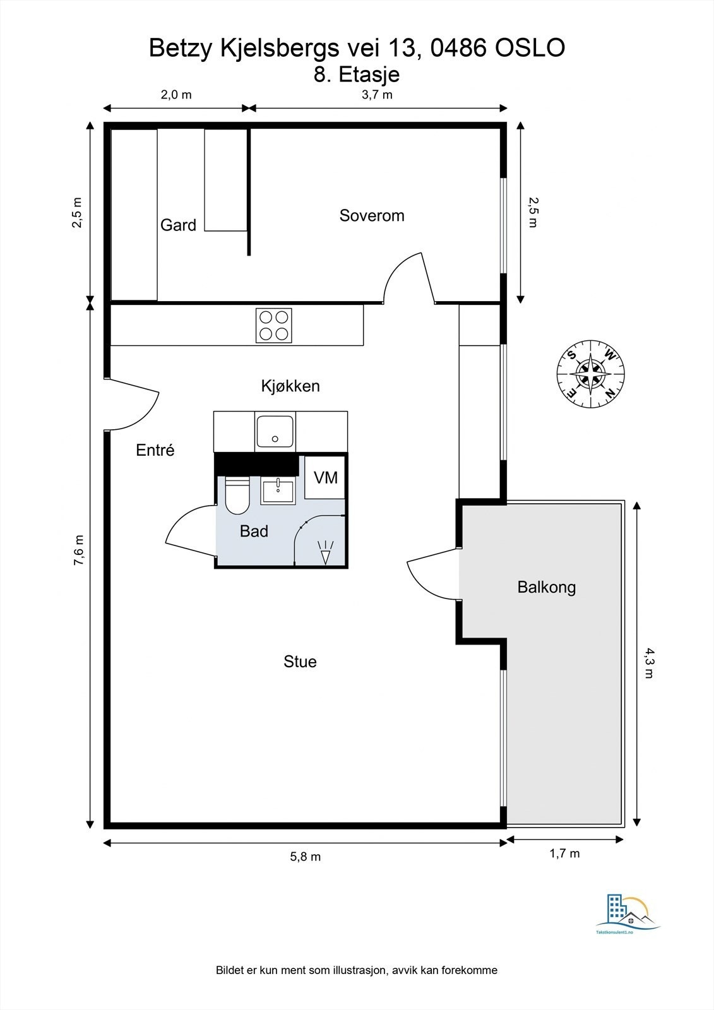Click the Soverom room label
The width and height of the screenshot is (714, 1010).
click(x=372, y=215)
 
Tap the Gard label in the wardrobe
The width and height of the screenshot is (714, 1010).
click(x=178, y=225)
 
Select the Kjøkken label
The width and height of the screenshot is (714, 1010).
click(x=290, y=386)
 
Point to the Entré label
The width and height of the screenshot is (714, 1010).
click(x=155, y=450)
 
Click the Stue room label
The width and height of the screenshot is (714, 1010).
click(x=300, y=662)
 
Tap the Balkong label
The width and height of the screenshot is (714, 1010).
click(x=547, y=587)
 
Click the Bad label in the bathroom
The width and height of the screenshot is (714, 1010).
click(x=254, y=531)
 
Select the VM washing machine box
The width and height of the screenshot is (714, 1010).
click(x=325, y=477)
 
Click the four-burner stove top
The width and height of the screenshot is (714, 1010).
click(x=274, y=326)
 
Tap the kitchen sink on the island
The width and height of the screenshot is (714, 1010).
click(x=275, y=432)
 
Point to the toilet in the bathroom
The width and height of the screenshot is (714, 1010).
click(x=237, y=496)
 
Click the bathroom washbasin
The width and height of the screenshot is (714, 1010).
click(x=278, y=492)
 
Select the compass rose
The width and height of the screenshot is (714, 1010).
click(x=590, y=374)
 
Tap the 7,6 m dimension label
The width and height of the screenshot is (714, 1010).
click(x=79, y=550)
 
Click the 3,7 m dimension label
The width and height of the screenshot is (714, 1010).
click(x=377, y=95)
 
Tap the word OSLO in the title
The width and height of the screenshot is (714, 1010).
click(x=530, y=48)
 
